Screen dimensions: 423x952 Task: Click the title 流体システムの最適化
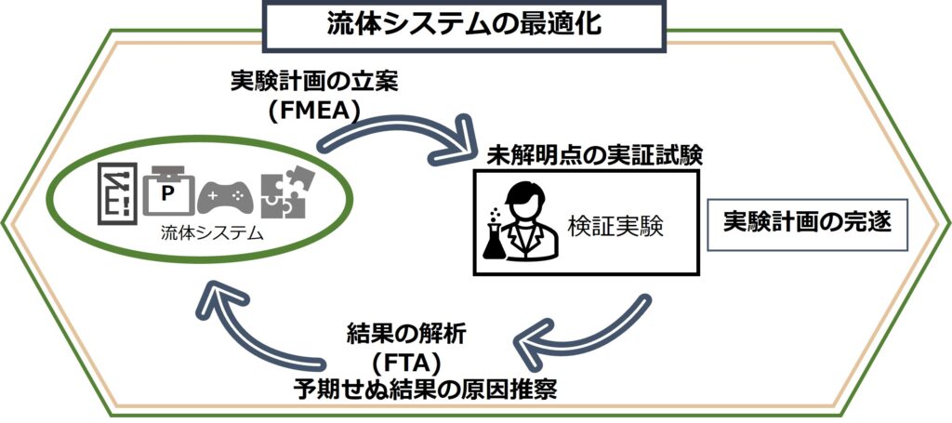(464, 24)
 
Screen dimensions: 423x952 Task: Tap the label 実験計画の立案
(314, 83)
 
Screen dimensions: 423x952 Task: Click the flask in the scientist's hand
(494, 244)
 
